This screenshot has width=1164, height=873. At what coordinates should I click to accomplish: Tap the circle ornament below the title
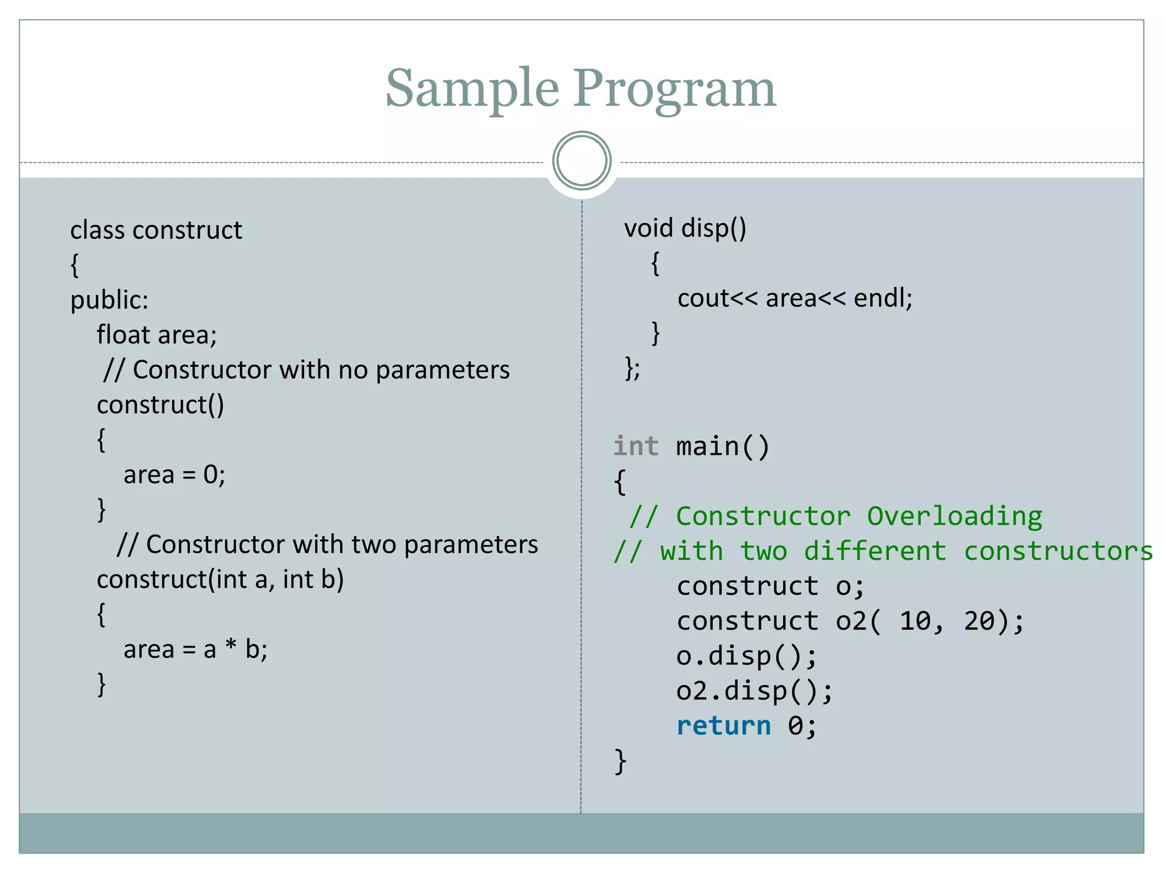point(581,161)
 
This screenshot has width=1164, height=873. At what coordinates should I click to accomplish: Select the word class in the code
point(97,230)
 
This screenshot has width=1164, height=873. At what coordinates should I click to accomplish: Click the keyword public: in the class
point(109,300)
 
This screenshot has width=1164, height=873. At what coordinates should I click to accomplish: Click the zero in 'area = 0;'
point(210,475)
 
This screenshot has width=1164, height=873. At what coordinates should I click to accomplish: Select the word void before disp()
point(648,228)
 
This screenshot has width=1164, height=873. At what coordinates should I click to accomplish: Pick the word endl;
point(883,298)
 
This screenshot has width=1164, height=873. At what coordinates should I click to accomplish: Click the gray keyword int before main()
point(636,446)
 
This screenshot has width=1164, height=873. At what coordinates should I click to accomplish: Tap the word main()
point(722,446)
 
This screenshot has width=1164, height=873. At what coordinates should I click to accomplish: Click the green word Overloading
point(954,516)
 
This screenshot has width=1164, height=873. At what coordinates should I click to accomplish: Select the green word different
point(875,551)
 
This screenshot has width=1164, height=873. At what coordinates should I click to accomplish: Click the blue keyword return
point(724,726)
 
